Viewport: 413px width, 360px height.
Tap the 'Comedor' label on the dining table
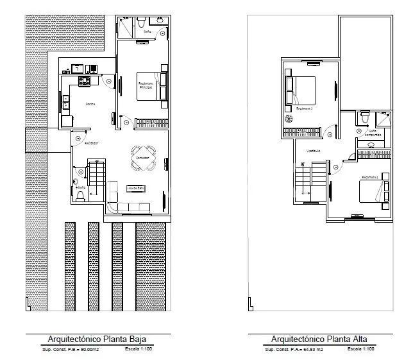tap(143, 156)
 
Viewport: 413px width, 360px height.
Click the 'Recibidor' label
tap(90, 142)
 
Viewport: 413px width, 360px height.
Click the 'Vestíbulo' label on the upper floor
tap(312, 151)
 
